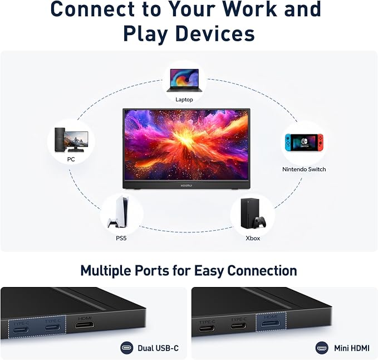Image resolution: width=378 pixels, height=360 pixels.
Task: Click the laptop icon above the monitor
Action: tap(184, 80)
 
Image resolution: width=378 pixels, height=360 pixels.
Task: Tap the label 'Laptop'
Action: tap(184, 99)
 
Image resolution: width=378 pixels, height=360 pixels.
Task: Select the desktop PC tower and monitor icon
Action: tap(71, 140)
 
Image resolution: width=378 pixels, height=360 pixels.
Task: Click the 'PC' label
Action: tap(71, 159)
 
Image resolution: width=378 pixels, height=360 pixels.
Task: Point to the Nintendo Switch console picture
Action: tap(304, 143)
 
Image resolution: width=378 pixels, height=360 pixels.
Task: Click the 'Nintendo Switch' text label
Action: tap(304, 169)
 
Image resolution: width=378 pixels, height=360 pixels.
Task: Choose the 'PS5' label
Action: tap(121, 238)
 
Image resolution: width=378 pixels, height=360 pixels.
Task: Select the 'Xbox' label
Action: tap(253, 238)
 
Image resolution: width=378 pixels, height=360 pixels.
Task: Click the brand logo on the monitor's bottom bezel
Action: tap(186, 186)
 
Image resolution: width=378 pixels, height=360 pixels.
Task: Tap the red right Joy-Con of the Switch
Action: tap(320, 143)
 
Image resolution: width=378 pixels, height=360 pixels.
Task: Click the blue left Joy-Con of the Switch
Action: tap(288, 143)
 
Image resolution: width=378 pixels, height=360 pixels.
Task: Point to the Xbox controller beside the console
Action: tap(261, 222)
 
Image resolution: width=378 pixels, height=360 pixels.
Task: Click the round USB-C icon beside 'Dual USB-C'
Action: tap(126, 348)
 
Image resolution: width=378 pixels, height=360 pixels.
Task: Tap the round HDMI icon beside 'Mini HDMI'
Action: tap(322, 348)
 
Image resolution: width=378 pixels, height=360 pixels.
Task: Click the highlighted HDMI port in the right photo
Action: tap(271, 323)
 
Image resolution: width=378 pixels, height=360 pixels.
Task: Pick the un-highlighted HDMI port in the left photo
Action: tap(85, 325)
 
